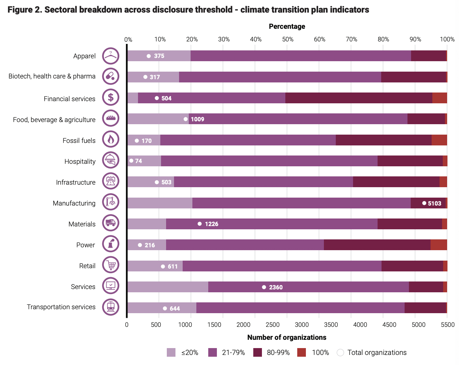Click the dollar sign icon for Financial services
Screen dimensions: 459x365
111,98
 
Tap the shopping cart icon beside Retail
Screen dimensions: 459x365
111,265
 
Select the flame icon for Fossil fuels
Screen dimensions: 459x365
111,139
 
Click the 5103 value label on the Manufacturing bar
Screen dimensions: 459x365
435,203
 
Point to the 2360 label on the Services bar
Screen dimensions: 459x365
276,287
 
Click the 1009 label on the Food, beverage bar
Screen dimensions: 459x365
197,119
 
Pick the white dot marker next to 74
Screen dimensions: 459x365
132,161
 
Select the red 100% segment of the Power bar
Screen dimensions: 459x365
439,245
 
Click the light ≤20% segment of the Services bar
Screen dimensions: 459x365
168,287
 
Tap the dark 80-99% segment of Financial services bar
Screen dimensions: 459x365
359,98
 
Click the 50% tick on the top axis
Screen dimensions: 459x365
288,40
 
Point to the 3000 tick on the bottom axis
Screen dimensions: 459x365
302,325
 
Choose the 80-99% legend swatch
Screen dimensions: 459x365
258,352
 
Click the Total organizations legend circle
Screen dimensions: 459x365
340,352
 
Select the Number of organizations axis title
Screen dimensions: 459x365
287,337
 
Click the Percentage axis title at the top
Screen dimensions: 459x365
287,26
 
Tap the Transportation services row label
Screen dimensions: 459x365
61,307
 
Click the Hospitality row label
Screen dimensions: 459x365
80,162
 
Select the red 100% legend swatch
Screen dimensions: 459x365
302,352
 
